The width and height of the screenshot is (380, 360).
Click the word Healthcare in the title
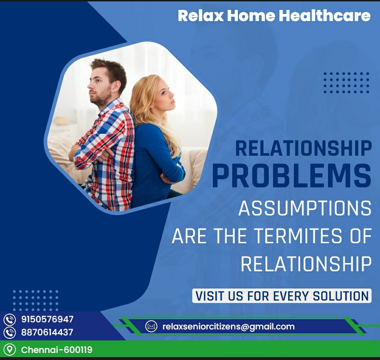(325, 15)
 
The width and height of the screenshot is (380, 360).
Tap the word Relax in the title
(201, 16)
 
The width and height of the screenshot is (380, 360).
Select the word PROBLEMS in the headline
(292, 176)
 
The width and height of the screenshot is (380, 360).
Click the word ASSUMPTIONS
(305, 208)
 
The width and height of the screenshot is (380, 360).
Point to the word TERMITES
(299, 236)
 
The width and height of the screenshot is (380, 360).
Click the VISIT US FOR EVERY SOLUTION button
(281, 296)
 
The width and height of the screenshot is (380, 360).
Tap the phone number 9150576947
(47, 319)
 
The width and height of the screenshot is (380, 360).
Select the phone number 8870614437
(47, 332)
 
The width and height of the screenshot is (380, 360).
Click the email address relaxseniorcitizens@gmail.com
(229, 327)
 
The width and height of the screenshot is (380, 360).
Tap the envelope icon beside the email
(151, 326)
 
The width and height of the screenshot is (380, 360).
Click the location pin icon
(10, 350)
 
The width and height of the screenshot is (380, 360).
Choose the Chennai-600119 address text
(57, 350)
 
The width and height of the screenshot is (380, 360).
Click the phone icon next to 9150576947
(10, 320)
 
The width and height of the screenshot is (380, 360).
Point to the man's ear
(116, 86)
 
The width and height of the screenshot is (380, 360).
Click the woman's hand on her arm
(167, 179)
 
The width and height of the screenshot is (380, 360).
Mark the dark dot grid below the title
(346, 83)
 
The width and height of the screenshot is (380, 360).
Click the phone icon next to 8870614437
(10, 333)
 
